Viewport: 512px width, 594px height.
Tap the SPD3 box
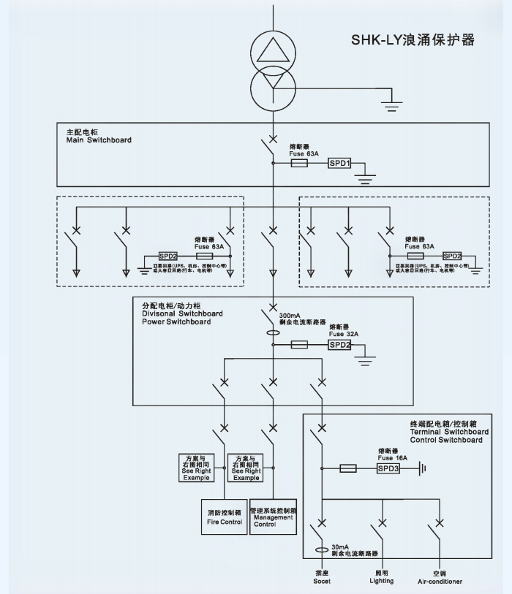388,468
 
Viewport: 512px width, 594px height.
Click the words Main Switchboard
98,140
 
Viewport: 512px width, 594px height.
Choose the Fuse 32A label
343,333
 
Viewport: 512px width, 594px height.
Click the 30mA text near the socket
340,547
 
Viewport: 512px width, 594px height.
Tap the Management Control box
273,517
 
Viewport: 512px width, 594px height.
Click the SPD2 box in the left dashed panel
169,256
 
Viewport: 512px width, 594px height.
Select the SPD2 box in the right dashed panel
453,256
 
